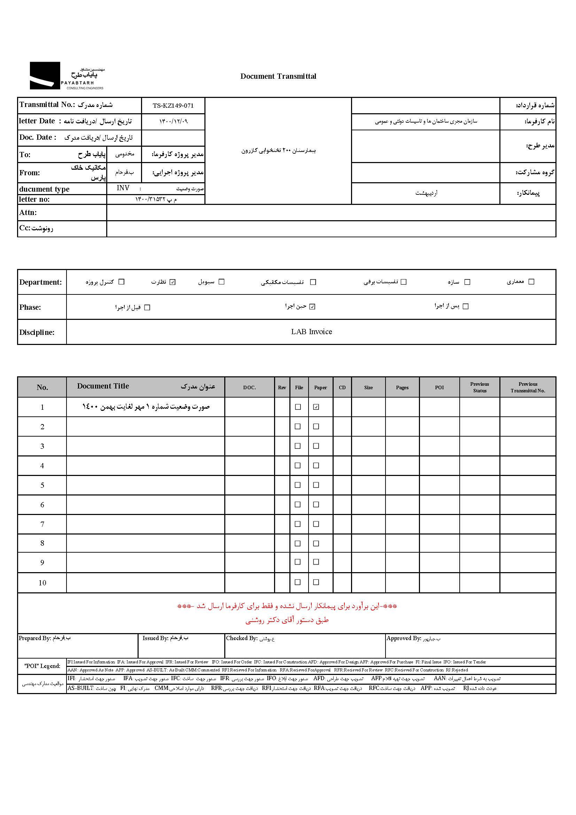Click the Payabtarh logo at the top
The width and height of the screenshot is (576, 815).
tap(67, 76)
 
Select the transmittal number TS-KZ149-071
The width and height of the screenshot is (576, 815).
tap(173, 106)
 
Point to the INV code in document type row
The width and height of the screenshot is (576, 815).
tap(123, 188)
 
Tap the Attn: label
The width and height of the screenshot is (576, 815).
tap(28, 213)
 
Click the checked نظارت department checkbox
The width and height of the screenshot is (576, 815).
tap(173, 282)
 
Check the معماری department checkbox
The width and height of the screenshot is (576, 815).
tap(531, 282)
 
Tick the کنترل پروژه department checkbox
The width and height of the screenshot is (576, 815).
tap(121, 282)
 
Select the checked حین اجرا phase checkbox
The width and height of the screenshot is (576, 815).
tap(312, 307)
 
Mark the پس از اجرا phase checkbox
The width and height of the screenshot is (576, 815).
tap(466, 306)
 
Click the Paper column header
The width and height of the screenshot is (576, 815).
tap(320, 387)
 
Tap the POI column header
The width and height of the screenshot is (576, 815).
tap(439, 387)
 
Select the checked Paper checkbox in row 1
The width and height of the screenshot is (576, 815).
tap(316, 407)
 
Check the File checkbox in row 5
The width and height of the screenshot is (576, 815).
tap(297, 485)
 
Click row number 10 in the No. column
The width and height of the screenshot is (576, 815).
tap(42, 583)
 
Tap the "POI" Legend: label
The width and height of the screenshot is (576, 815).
tap(42, 666)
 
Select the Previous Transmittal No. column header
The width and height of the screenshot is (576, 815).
tap(528, 387)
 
